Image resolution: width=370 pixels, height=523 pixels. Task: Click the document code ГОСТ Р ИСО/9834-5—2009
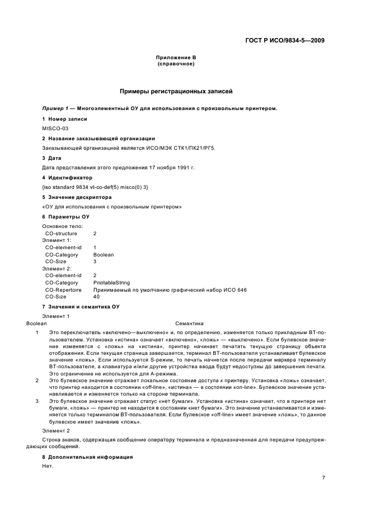[x=285, y=40]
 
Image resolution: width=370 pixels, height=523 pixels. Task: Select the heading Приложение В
[x=176, y=58]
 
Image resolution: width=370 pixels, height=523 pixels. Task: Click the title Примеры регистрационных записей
[x=176, y=91]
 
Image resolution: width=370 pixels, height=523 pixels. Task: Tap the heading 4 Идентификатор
[x=67, y=177]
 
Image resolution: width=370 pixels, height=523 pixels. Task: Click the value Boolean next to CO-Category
[x=104, y=254]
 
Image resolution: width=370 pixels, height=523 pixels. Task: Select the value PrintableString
[x=111, y=283]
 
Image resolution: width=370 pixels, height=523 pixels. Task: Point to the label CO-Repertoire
[x=63, y=290]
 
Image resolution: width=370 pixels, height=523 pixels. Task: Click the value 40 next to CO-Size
[x=96, y=297]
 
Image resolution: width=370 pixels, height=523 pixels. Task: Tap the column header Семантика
[x=189, y=323]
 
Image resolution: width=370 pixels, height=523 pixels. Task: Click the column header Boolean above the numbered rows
[x=37, y=323]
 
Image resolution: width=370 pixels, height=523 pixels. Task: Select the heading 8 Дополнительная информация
[x=87, y=457]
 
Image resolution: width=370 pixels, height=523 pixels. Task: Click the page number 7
[x=324, y=477]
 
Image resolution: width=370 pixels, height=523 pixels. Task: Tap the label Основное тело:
[x=63, y=226]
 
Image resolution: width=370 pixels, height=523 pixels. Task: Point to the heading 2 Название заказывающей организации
[x=99, y=138]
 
